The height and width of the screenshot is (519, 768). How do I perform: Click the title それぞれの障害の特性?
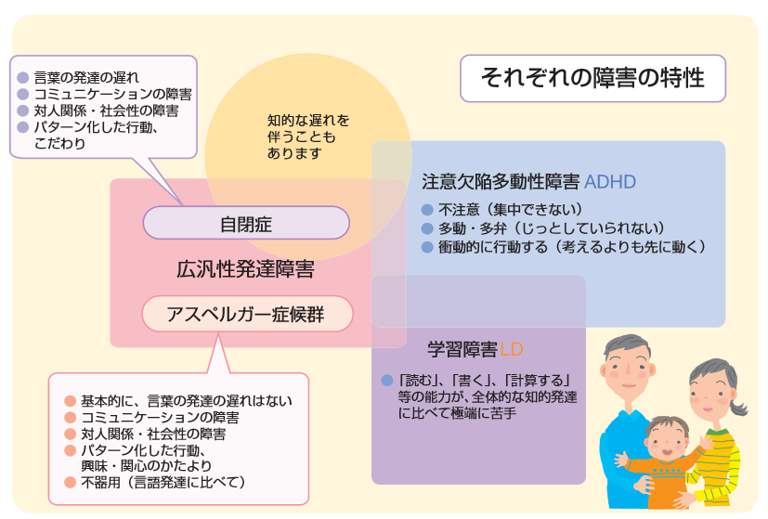[x=592, y=78]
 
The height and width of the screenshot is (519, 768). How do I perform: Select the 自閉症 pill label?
[x=246, y=223]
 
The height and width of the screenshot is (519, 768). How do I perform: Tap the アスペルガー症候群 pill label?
[x=247, y=314]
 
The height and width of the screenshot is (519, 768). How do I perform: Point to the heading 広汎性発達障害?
[x=245, y=269]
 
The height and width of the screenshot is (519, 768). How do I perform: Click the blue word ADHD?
[x=610, y=182]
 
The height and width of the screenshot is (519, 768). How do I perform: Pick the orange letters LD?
[x=512, y=350]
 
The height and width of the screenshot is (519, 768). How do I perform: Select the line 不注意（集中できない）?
[x=511, y=210]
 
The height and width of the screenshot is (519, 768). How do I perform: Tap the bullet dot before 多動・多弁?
[x=427, y=228]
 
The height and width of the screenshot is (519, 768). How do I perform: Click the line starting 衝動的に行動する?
[x=572, y=247]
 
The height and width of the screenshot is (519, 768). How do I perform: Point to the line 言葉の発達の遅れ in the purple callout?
[x=86, y=77]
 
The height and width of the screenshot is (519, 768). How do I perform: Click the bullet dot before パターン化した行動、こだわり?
[x=23, y=127]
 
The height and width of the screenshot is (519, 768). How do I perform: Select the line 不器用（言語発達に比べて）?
[x=163, y=482]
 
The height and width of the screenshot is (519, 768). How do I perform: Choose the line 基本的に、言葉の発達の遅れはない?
[x=187, y=401]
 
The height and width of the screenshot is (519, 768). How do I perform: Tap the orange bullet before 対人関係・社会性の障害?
[x=70, y=434]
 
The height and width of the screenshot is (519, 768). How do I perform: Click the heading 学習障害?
[x=462, y=350]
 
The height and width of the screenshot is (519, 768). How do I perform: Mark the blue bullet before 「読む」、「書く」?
[x=387, y=381]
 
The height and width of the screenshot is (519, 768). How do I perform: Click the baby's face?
[x=668, y=442]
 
